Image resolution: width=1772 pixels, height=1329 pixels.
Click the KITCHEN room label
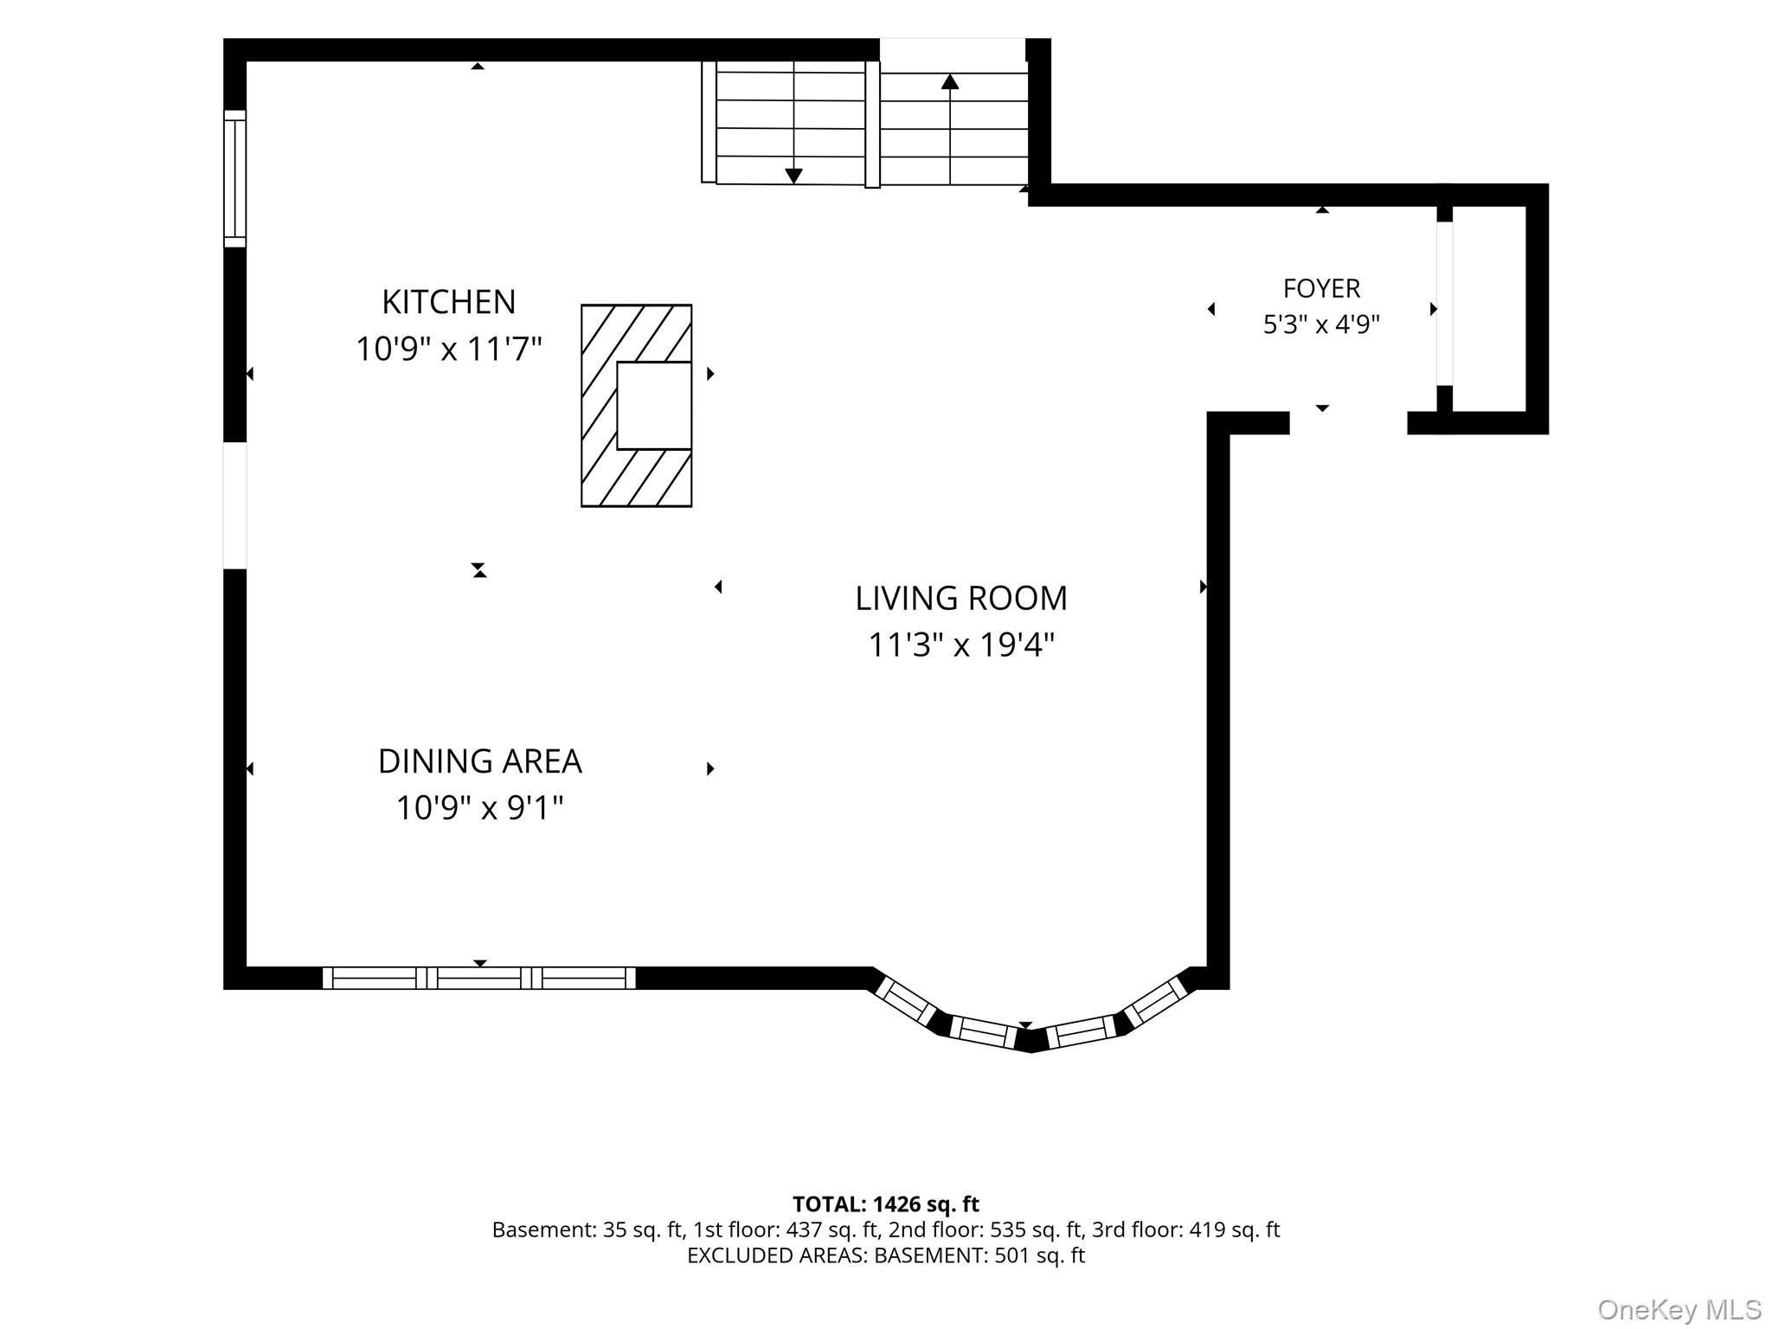click(448, 302)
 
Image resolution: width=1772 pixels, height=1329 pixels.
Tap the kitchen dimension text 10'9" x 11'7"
click(448, 349)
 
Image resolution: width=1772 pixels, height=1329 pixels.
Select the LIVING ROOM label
click(961, 598)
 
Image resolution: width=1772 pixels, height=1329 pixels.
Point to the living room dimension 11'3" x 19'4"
click(961, 645)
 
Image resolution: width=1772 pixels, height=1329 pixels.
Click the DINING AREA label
click(480, 761)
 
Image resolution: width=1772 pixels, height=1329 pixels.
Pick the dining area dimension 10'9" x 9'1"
click(480, 808)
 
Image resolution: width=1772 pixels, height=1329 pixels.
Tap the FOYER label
click(1321, 288)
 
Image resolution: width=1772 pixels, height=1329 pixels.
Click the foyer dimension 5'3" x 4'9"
click(1321, 324)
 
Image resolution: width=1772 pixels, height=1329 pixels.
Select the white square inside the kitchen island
click(654, 406)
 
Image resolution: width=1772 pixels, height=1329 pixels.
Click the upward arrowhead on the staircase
click(950, 81)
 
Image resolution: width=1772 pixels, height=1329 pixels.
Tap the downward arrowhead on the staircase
click(793, 176)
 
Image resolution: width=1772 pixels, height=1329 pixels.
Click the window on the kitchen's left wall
click(234, 178)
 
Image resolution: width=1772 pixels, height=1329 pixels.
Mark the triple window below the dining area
click(479, 978)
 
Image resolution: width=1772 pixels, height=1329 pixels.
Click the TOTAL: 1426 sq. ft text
click(886, 1204)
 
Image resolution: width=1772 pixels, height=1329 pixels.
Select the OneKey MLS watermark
click(1679, 1309)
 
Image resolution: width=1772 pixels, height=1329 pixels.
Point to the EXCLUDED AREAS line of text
click(886, 1255)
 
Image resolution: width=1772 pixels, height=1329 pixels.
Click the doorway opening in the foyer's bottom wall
click(1348, 423)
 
